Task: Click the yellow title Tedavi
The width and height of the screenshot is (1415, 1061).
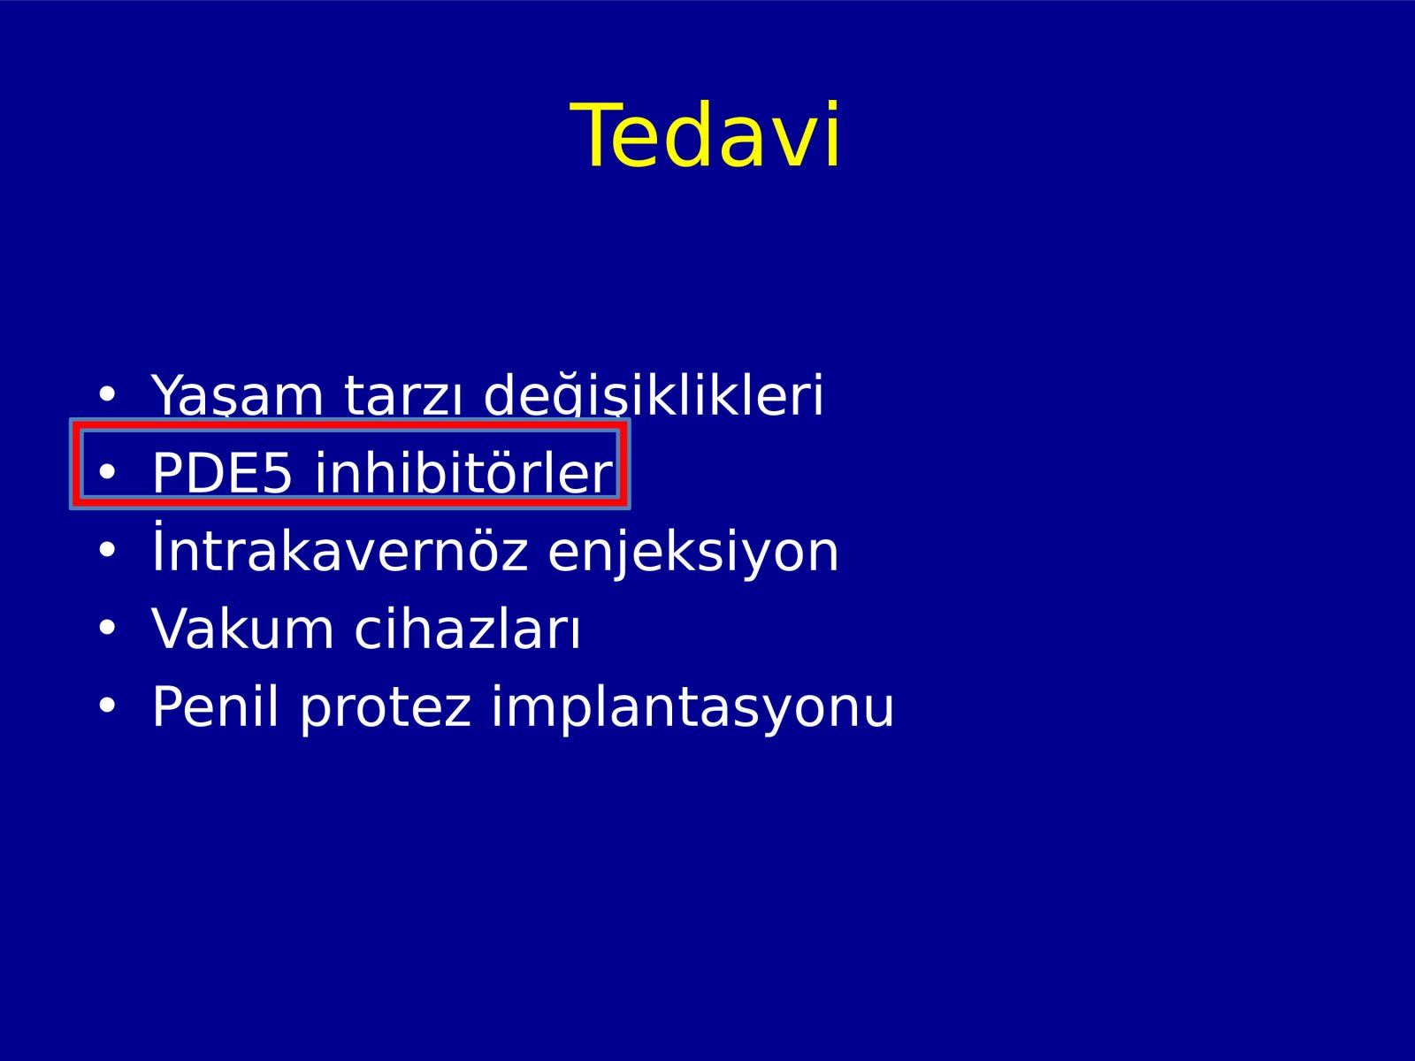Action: point(705,135)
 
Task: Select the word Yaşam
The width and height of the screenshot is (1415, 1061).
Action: point(237,395)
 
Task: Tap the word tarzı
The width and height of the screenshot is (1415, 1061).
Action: point(403,394)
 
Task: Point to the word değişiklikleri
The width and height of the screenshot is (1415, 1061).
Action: point(654,395)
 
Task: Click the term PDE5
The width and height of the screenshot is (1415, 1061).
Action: point(222,473)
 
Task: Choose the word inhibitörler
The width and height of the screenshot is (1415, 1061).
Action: point(463,471)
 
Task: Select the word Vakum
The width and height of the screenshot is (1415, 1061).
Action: point(242,628)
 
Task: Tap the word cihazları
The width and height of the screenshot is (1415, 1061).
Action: point(467,627)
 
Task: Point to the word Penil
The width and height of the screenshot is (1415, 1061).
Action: point(215,706)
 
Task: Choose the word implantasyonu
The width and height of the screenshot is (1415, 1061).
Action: point(692,708)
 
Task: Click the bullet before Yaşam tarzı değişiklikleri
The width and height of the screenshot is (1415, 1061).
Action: point(107,393)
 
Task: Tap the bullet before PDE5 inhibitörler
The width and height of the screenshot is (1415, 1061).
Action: point(107,471)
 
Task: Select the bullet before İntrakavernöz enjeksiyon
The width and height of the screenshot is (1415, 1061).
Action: point(107,549)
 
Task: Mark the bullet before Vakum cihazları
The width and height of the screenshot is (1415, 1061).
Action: point(107,628)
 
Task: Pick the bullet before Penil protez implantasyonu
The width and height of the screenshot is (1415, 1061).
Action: point(107,706)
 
